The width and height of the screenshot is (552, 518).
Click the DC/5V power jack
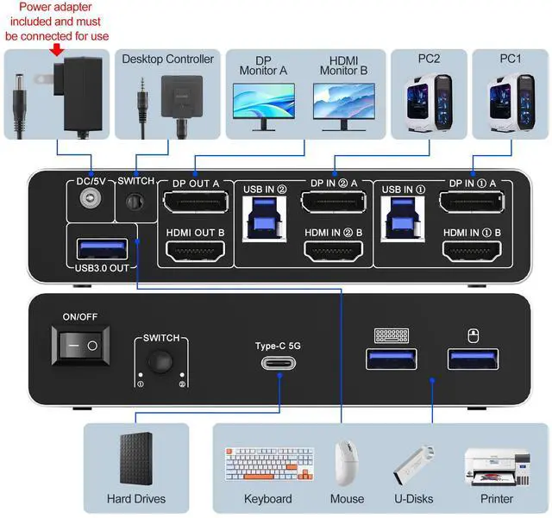click(88, 201)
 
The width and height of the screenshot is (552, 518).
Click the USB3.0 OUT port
click(99, 249)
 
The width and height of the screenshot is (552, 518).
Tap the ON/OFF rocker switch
click(80, 346)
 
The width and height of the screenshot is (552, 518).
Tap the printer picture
click(488, 465)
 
